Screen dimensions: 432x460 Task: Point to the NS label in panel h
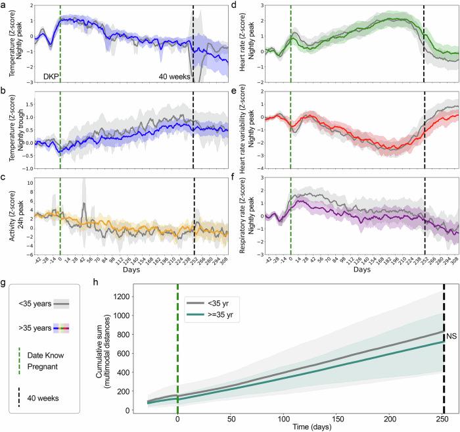452,337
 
